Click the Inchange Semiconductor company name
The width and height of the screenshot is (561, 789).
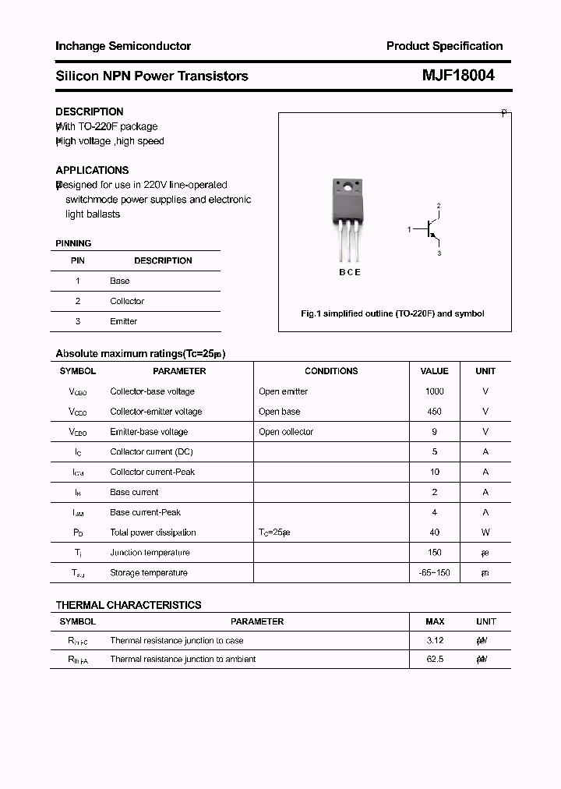click(x=123, y=46)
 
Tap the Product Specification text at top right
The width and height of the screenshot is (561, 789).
click(x=444, y=46)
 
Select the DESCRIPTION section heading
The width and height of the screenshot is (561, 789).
click(x=90, y=111)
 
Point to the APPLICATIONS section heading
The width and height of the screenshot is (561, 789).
click(x=92, y=170)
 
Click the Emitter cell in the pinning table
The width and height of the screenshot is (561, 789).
click(x=123, y=321)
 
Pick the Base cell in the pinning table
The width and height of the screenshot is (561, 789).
click(x=120, y=281)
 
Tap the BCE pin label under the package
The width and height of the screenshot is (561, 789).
click(x=349, y=273)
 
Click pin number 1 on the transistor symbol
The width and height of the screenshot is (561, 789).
click(x=409, y=229)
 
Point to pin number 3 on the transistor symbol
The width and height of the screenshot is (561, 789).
click(x=439, y=253)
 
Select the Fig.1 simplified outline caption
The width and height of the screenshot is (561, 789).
click(x=393, y=313)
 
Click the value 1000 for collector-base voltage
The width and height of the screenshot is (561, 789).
click(x=434, y=391)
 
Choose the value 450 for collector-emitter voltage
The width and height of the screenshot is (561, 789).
click(x=434, y=412)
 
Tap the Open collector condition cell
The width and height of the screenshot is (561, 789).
click(x=286, y=432)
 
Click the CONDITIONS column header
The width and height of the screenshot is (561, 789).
click(x=331, y=371)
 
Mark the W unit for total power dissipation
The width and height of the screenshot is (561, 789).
click(x=485, y=532)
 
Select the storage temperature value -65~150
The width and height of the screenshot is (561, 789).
click(x=434, y=573)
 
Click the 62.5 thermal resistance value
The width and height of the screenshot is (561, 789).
click(x=434, y=660)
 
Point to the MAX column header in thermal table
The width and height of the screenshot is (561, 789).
click(x=435, y=621)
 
